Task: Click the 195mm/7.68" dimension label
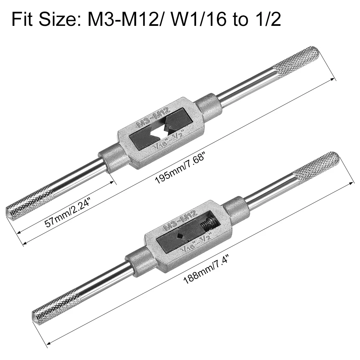coord(180,170)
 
